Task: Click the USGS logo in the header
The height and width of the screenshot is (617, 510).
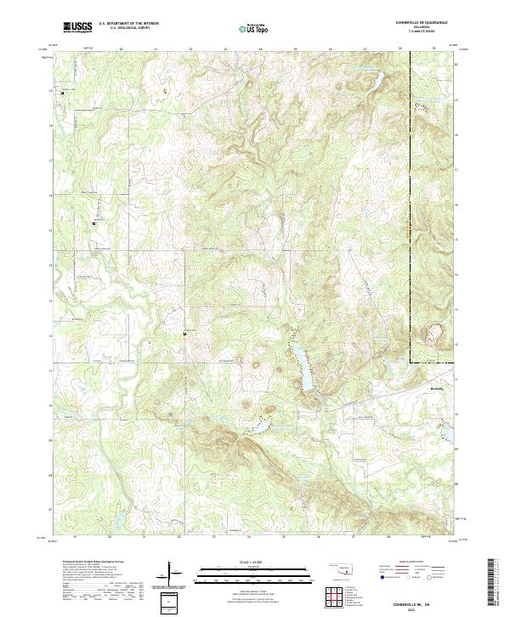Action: point(78,26)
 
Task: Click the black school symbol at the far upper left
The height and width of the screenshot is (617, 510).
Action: point(61,90)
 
